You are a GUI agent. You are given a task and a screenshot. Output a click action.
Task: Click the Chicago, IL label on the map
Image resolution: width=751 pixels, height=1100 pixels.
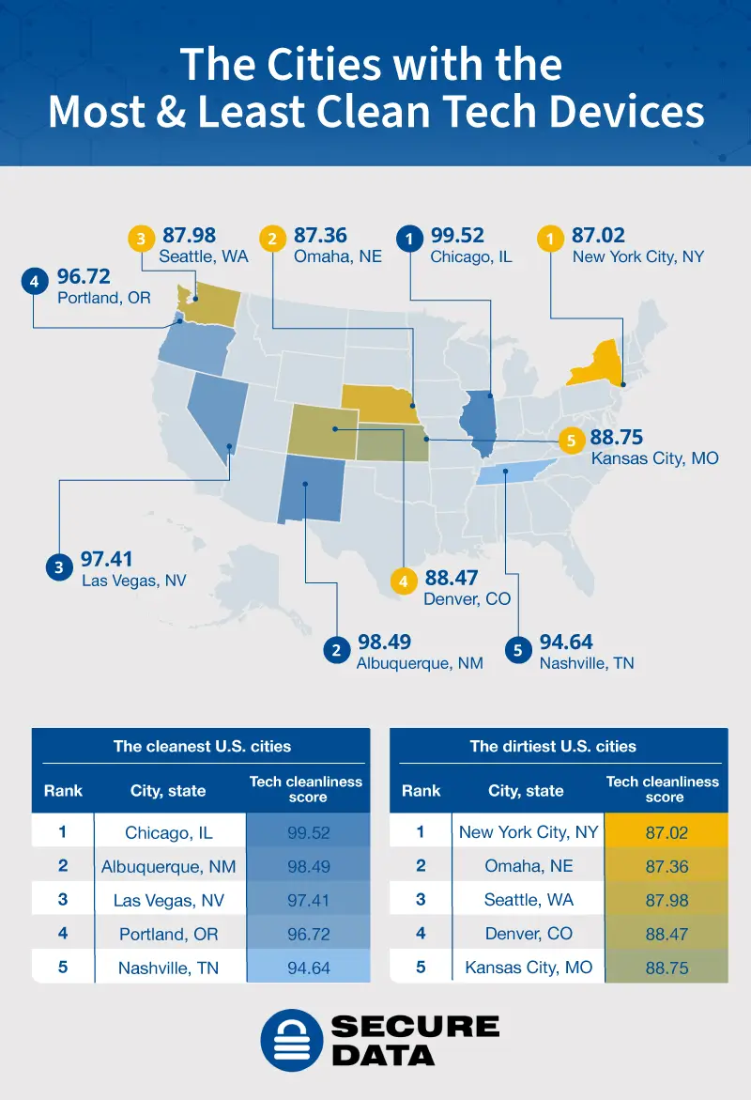pos(471,256)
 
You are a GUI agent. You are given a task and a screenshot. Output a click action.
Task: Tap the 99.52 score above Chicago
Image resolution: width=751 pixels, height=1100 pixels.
pos(458,236)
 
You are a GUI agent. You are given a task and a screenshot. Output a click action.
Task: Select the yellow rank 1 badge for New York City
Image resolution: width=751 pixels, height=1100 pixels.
pos(550,240)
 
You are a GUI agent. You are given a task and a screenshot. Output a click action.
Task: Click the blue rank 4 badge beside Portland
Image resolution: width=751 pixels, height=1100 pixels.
pos(34,280)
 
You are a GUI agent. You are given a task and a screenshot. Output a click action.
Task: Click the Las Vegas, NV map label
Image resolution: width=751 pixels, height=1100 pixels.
pos(133,581)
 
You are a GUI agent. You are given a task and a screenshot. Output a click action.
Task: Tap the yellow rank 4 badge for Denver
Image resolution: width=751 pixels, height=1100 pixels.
pos(404,581)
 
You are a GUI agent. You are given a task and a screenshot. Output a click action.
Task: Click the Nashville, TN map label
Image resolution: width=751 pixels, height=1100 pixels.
pos(587,663)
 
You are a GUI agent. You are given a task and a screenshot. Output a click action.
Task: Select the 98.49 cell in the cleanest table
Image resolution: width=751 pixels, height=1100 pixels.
pos(308,866)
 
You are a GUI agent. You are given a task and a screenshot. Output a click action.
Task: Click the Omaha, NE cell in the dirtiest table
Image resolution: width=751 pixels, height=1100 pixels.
pos(529,866)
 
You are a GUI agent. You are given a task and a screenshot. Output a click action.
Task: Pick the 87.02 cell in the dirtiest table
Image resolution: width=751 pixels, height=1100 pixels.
pos(666,832)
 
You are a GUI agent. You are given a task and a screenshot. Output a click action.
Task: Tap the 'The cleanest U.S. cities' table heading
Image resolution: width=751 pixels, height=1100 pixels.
pos(202,747)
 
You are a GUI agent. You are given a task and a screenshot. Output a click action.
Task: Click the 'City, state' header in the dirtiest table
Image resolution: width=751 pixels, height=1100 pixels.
pos(526,791)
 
